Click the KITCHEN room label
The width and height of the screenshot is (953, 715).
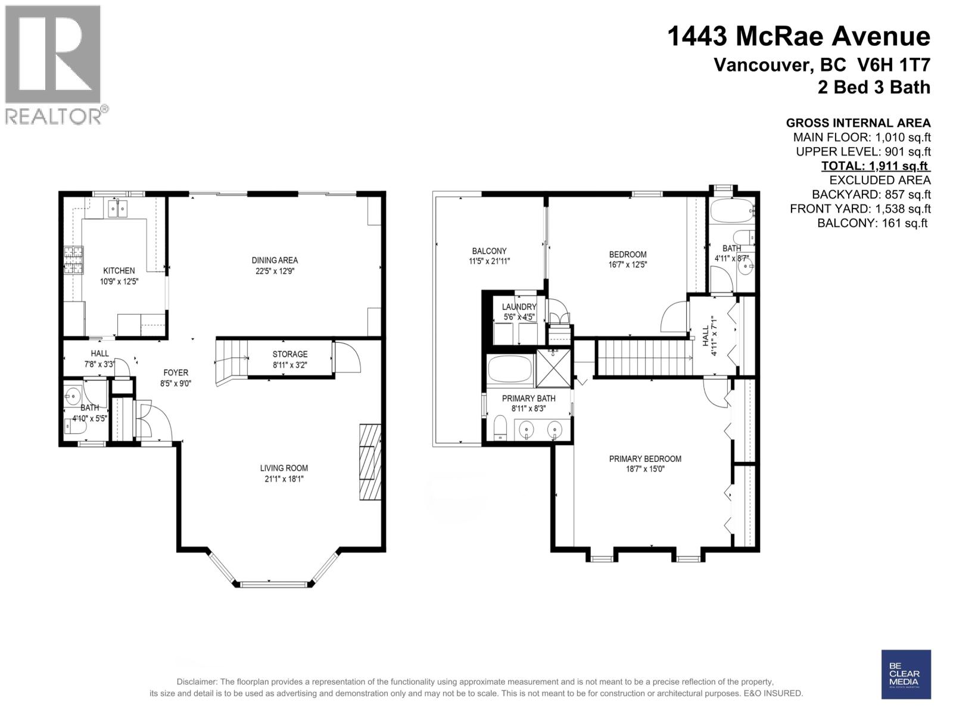[x=119, y=271]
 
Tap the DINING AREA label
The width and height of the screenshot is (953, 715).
[x=274, y=260]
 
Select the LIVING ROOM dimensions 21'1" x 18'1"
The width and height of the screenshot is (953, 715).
[x=284, y=479]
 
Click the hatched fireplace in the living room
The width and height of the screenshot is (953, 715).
[x=369, y=462]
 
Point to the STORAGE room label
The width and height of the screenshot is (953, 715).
[x=289, y=354]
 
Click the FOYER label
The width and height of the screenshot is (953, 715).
[x=176, y=372]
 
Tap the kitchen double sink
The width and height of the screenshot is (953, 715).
[x=118, y=209]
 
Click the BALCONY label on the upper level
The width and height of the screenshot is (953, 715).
[x=489, y=251]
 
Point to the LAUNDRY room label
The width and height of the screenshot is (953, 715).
[x=519, y=307]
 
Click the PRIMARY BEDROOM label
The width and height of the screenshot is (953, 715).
[x=645, y=459]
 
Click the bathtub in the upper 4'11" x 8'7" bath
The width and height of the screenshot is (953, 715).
[x=730, y=212]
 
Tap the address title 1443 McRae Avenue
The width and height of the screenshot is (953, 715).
[x=798, y=37]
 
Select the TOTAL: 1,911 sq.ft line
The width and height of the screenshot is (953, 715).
[x=875, y=166]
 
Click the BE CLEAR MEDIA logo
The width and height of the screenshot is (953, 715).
[x=905, y=674]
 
